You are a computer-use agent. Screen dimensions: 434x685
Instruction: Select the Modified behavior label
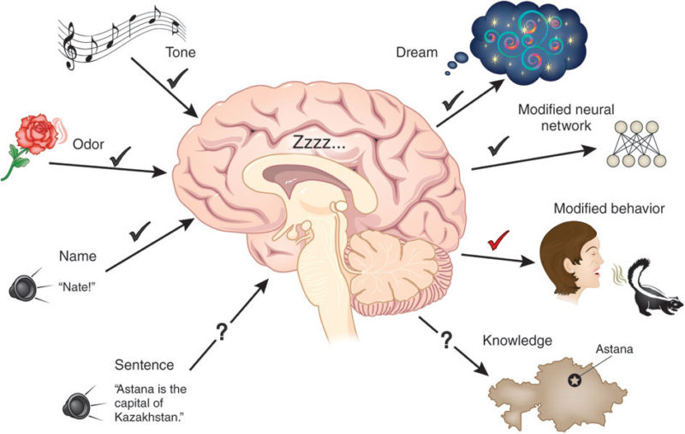[609, 208]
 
